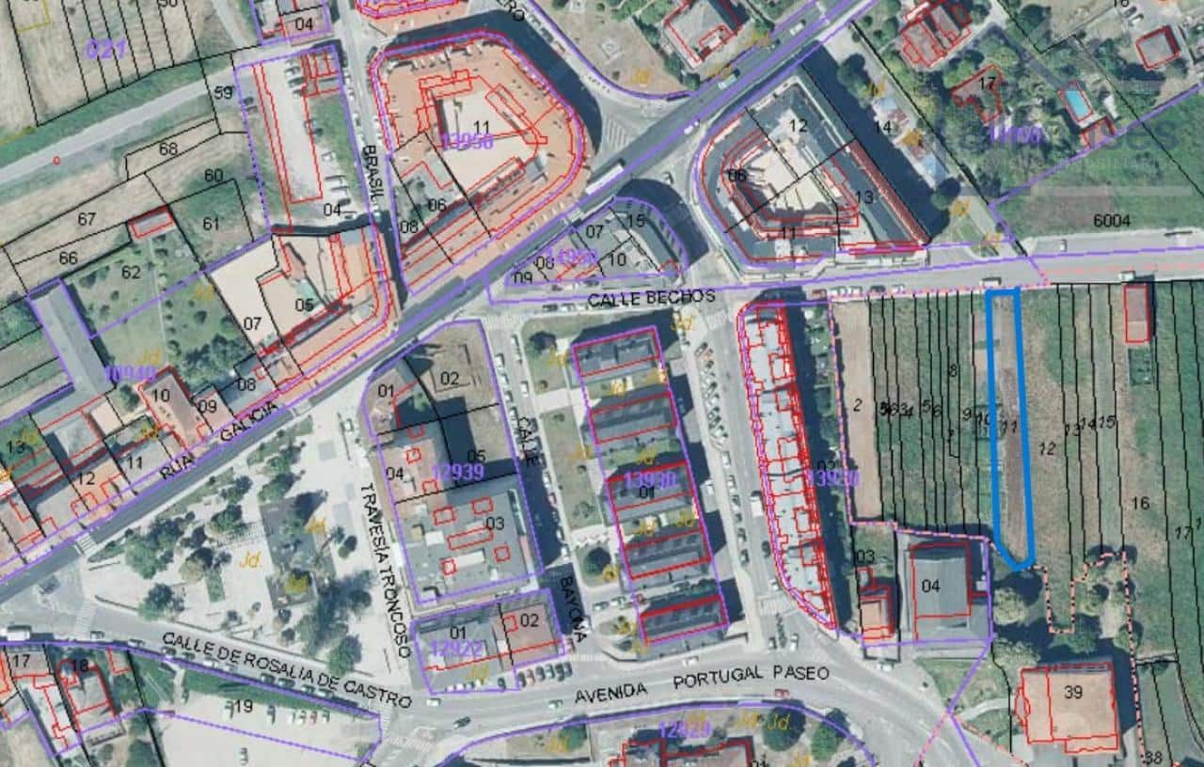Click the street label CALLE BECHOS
pyautogui.click(x=651, y=297)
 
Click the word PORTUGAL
pyautogui.click(x=719, y=679)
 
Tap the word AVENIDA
pyautogui.click(x=613, y=692)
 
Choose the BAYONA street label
pyautogui.click(x=571, y=609)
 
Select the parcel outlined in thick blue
pyautogui.click(x=1009, y=423)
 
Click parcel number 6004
pyautogui.click(x=1112, y=219)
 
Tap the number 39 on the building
pyautogui.click(x=1073, y=693)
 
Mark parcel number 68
pyautogui.click(x=168, y=149)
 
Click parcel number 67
pyautogui.click(x=87, y=219)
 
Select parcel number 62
pyautogui.click(x=130, y=273)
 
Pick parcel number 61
pyautogui.click(x=210, y=223)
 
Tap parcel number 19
pyautogui.click(x=244, y=706)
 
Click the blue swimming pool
pyautogui.click(x=1079, y=103)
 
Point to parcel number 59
pyautogui.click(x=223, y=92)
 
